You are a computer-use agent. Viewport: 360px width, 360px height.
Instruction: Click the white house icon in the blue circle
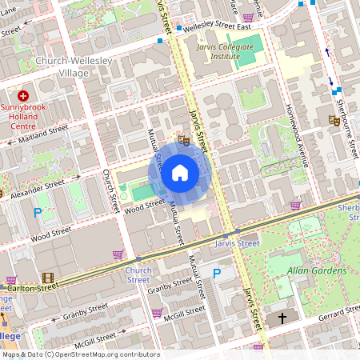[180, 172]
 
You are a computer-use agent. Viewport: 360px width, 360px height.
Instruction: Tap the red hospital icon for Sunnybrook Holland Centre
[23, 96]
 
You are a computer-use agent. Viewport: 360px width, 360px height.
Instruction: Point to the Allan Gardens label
[317, 271]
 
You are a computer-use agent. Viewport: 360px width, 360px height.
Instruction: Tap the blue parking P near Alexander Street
[37, 213]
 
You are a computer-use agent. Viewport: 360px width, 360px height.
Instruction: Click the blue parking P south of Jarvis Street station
[216, 274]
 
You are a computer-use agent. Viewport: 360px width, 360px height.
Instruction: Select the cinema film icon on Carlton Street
[49, 278]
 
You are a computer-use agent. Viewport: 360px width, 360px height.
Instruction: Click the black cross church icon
[282, 318]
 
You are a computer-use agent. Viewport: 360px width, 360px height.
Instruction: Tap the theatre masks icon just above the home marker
[183, 140]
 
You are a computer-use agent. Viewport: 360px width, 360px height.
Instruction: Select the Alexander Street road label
[38, 186]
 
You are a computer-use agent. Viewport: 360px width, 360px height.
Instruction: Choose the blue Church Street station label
[138, 275]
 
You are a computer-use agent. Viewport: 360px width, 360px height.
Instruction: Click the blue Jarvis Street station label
[238, 242]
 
